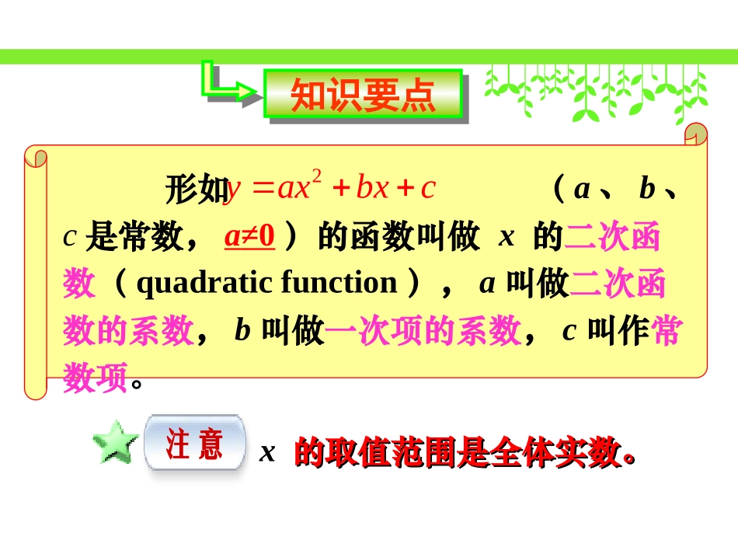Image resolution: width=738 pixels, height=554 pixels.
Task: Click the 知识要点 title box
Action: click(364, 96)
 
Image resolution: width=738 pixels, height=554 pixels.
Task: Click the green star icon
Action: click(113, 444)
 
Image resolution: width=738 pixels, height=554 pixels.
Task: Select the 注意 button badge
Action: click(194, 444)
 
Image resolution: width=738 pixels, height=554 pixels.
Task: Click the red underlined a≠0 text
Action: click(249, 236)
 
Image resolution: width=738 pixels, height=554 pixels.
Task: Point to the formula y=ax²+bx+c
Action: click(330, 188)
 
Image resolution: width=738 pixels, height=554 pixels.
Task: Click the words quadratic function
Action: click(266, 283)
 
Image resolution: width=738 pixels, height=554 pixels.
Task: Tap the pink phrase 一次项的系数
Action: click(423, 332)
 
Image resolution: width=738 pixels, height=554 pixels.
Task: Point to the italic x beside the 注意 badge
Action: click(267, 452)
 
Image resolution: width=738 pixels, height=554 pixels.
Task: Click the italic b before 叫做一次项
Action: click(242, 332)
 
